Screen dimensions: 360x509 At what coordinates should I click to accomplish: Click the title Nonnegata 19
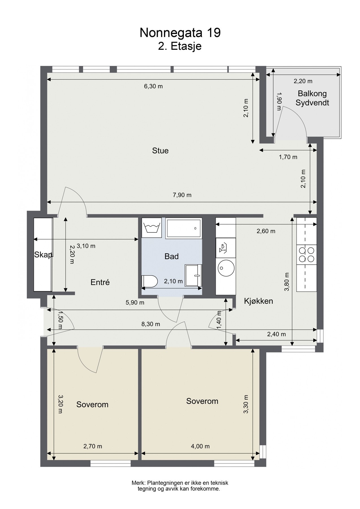(x=180, y=33)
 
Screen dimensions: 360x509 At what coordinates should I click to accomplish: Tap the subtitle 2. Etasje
(x=180, y=46)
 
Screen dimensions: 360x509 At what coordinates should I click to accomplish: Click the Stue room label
(x=160, y=150)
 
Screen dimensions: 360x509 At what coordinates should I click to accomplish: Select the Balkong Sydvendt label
(x=312, y=98)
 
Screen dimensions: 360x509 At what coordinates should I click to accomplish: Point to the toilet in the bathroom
(x=149, y=281)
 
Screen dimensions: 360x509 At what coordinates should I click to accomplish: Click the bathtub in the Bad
(x=184, y=228)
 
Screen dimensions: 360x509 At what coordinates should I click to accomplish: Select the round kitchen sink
(x=226, y=268)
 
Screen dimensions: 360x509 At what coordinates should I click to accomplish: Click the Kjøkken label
(x=258, y=301)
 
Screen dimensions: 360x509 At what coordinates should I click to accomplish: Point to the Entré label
(x=100, y=282)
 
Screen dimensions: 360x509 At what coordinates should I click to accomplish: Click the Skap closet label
(x=43, y=255)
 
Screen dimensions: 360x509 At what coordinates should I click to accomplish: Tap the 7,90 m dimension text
(x=182, y=195)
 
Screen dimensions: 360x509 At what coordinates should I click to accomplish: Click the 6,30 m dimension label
(x=154, y=86)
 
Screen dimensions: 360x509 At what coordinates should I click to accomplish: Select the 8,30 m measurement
(x=151, y=324)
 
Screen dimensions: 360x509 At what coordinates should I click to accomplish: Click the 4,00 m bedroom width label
(x=201, y=446)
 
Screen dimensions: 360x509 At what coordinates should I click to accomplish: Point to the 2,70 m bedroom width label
(x=93, y=446)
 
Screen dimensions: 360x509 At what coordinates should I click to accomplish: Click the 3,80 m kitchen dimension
(x=287, y=282)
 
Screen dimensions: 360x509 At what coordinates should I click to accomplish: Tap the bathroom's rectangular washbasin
(x=193, y=275)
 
